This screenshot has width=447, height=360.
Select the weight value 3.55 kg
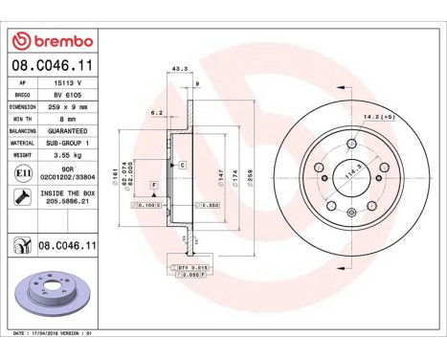click(62, 152)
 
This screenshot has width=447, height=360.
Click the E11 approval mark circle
click(21, 172)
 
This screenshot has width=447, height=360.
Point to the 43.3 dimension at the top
click(177, 68)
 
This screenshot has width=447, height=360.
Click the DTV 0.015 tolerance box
click(193, 265)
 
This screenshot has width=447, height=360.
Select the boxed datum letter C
click(182, 166)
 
